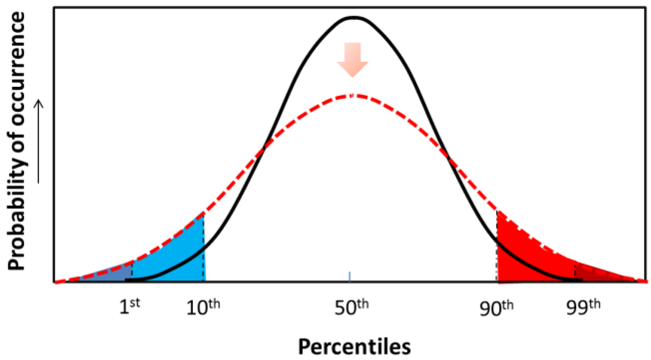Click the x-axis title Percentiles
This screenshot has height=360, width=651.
coord(354,347)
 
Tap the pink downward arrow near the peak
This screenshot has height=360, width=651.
coord(353,60)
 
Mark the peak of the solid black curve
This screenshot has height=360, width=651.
coord(354,17)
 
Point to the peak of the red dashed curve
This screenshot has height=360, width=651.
coord(354,96)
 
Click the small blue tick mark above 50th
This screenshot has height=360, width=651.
coord(350,277)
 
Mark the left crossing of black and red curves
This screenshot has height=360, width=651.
coord(264,148)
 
